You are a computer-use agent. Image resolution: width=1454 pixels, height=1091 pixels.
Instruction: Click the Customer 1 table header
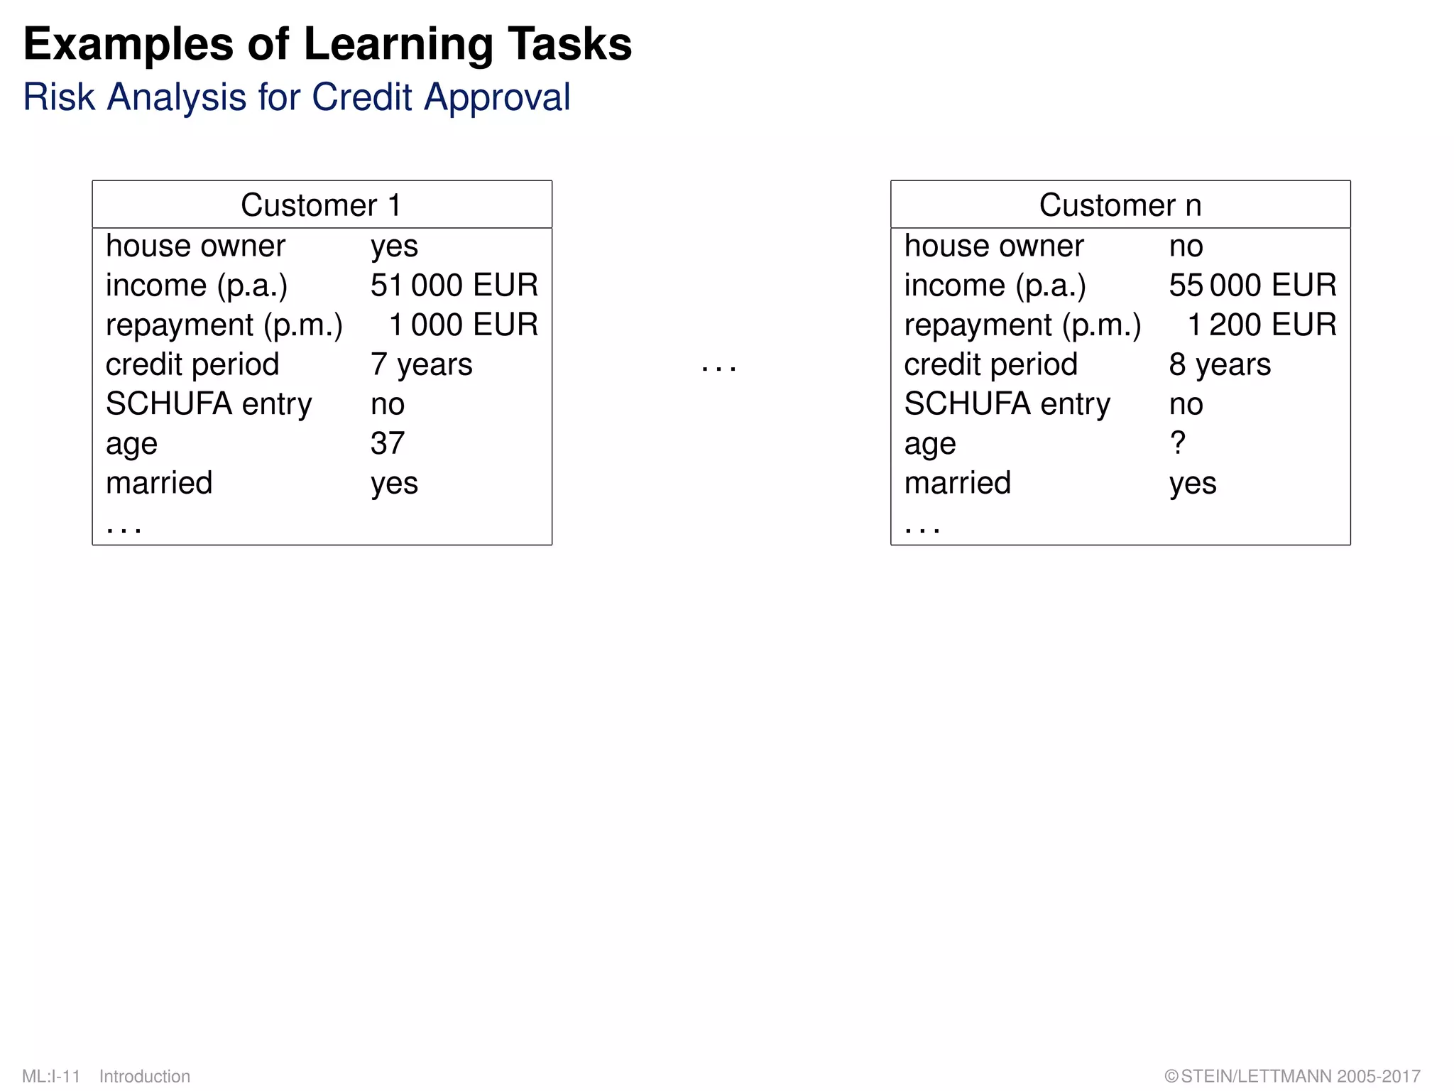pyautogui.click(x=322, y=205)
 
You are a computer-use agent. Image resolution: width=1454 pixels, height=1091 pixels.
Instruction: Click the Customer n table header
pyautogui.click(x=1120, y=205)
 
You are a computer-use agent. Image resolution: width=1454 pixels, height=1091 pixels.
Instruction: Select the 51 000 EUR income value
pyautogui.click(x=454, y=286)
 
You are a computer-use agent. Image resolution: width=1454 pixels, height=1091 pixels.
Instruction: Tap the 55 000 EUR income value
pyautogui.click(x=1252, y=286)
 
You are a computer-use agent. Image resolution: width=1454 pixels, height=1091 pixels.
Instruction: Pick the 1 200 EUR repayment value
pyautogui.click(x=1262, y=325)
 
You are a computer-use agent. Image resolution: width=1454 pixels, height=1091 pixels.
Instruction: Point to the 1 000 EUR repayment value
pyautogui.click(x=463, y=325)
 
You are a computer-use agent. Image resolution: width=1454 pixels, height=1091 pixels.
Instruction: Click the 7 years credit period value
pyautogui.click(x=421, y=365)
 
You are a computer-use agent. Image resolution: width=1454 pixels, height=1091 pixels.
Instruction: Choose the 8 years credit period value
pyautogui.click(x=1220, y=365)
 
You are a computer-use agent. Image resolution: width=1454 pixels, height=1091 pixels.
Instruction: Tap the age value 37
pyautogui.click(x=388, y=444)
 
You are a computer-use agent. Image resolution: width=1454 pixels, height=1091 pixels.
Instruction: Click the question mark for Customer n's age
pyautogui.click(x=1177, y=444)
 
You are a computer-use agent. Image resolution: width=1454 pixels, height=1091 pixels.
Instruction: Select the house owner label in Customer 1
pyautogui.click(x=195, y=246)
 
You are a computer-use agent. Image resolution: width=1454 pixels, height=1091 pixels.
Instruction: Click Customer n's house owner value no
pyautogui.click(x=1186, y=246)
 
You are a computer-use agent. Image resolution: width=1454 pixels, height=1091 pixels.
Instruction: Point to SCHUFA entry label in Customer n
pyautogui.click(x=1007, y=404)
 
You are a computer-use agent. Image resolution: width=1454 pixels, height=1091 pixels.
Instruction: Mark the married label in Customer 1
pyautogui.click(x=159, y=483)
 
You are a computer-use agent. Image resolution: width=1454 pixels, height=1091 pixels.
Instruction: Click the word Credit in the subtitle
pyautogui.click(x=361, y=97)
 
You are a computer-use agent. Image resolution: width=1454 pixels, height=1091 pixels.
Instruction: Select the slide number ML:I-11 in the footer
pyautogui.click(x=51, y=1076)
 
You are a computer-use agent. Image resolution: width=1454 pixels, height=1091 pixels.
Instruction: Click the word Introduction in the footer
pyautogui.click(x=145, y=1076)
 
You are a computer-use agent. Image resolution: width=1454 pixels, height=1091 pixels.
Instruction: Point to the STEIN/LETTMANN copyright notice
pyautogui.click(x=1292, y=1076)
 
